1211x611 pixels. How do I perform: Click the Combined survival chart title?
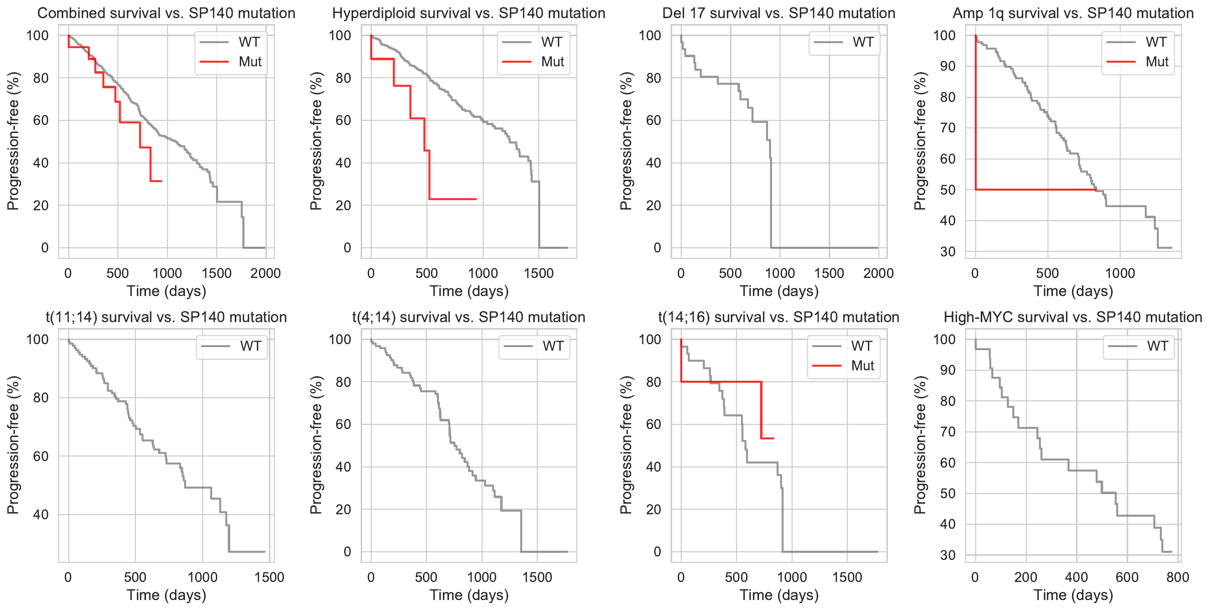[166, 13]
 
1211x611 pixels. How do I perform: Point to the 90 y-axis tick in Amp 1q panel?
[947, 66]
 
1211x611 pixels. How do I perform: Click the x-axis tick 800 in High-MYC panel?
[1177, 577]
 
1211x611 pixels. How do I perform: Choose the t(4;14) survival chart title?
[469, 317]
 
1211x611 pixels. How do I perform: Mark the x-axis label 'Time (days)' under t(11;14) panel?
[166, 595]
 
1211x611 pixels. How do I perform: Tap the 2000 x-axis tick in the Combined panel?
[265, 273]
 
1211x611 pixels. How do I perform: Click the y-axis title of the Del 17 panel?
[626, 141]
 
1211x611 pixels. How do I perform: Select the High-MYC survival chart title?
[1073, 317]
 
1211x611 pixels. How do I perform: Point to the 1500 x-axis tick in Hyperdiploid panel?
[539, 273]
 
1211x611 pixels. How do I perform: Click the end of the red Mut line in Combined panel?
[161, 181]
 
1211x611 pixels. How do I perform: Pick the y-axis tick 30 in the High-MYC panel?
[947, 555]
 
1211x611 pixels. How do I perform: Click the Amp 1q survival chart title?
[1073, 13]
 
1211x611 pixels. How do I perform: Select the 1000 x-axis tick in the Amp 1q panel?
[1120, 273]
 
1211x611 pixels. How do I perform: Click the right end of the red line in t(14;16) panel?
[774, 438]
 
